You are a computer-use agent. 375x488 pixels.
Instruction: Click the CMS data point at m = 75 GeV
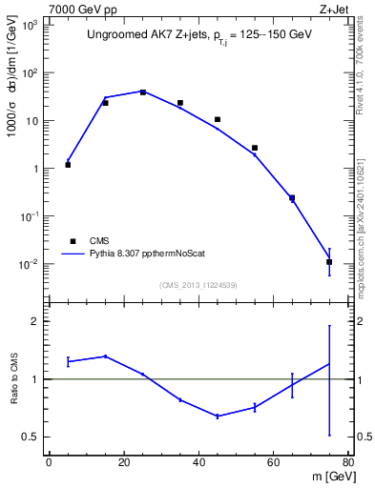click(x=329, y=261)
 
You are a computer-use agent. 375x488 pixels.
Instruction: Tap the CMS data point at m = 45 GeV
click(x=218, y=119)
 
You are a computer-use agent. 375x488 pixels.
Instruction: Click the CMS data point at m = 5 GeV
click(x=68, y=165)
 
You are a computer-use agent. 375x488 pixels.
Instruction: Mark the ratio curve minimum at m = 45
click(x=218, y=417)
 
